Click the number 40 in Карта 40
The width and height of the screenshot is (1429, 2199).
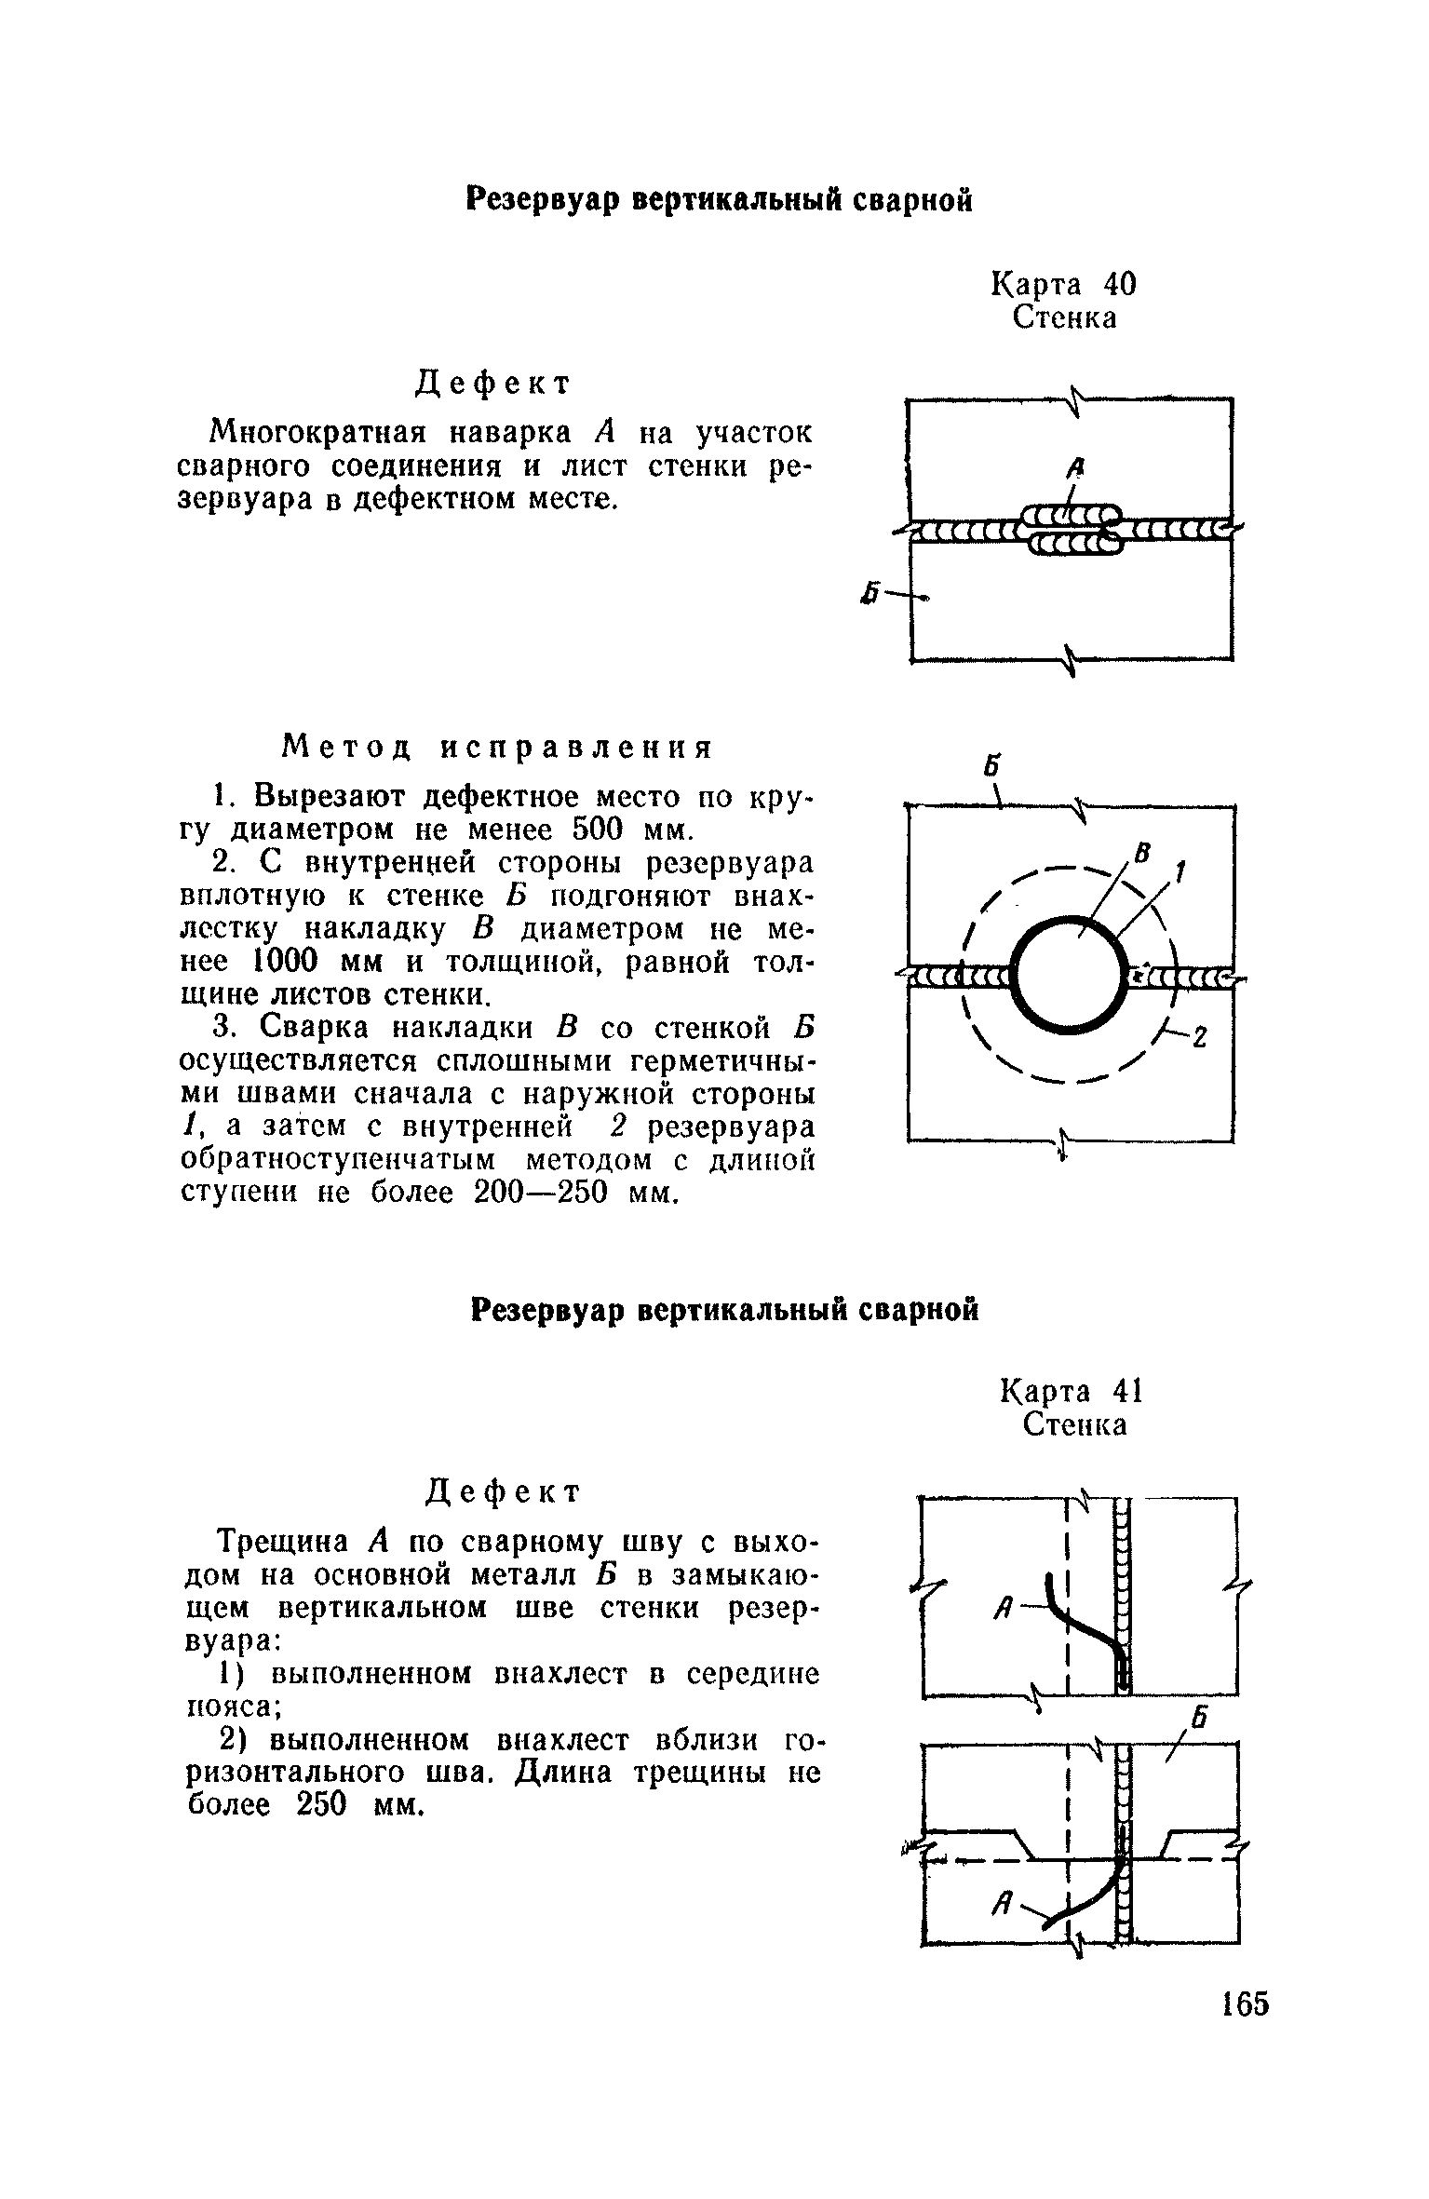click(1114, 283)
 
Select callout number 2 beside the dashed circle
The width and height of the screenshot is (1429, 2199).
click(1200, 1036)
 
